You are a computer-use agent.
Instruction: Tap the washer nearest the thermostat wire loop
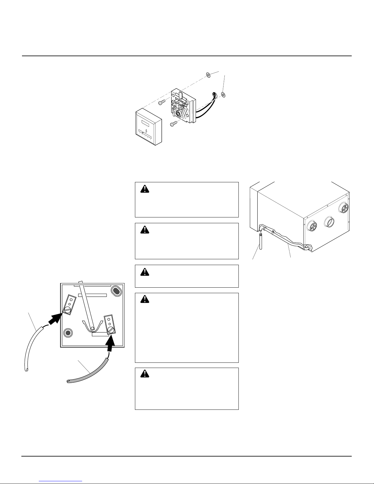click(223, 95)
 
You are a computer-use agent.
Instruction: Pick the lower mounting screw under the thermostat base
click(174, 123)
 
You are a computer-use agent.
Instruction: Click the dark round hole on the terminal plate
click(68, 333)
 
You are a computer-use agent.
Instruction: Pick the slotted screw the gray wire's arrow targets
click(111, 330)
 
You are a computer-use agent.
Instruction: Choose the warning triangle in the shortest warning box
click(144, 272)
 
